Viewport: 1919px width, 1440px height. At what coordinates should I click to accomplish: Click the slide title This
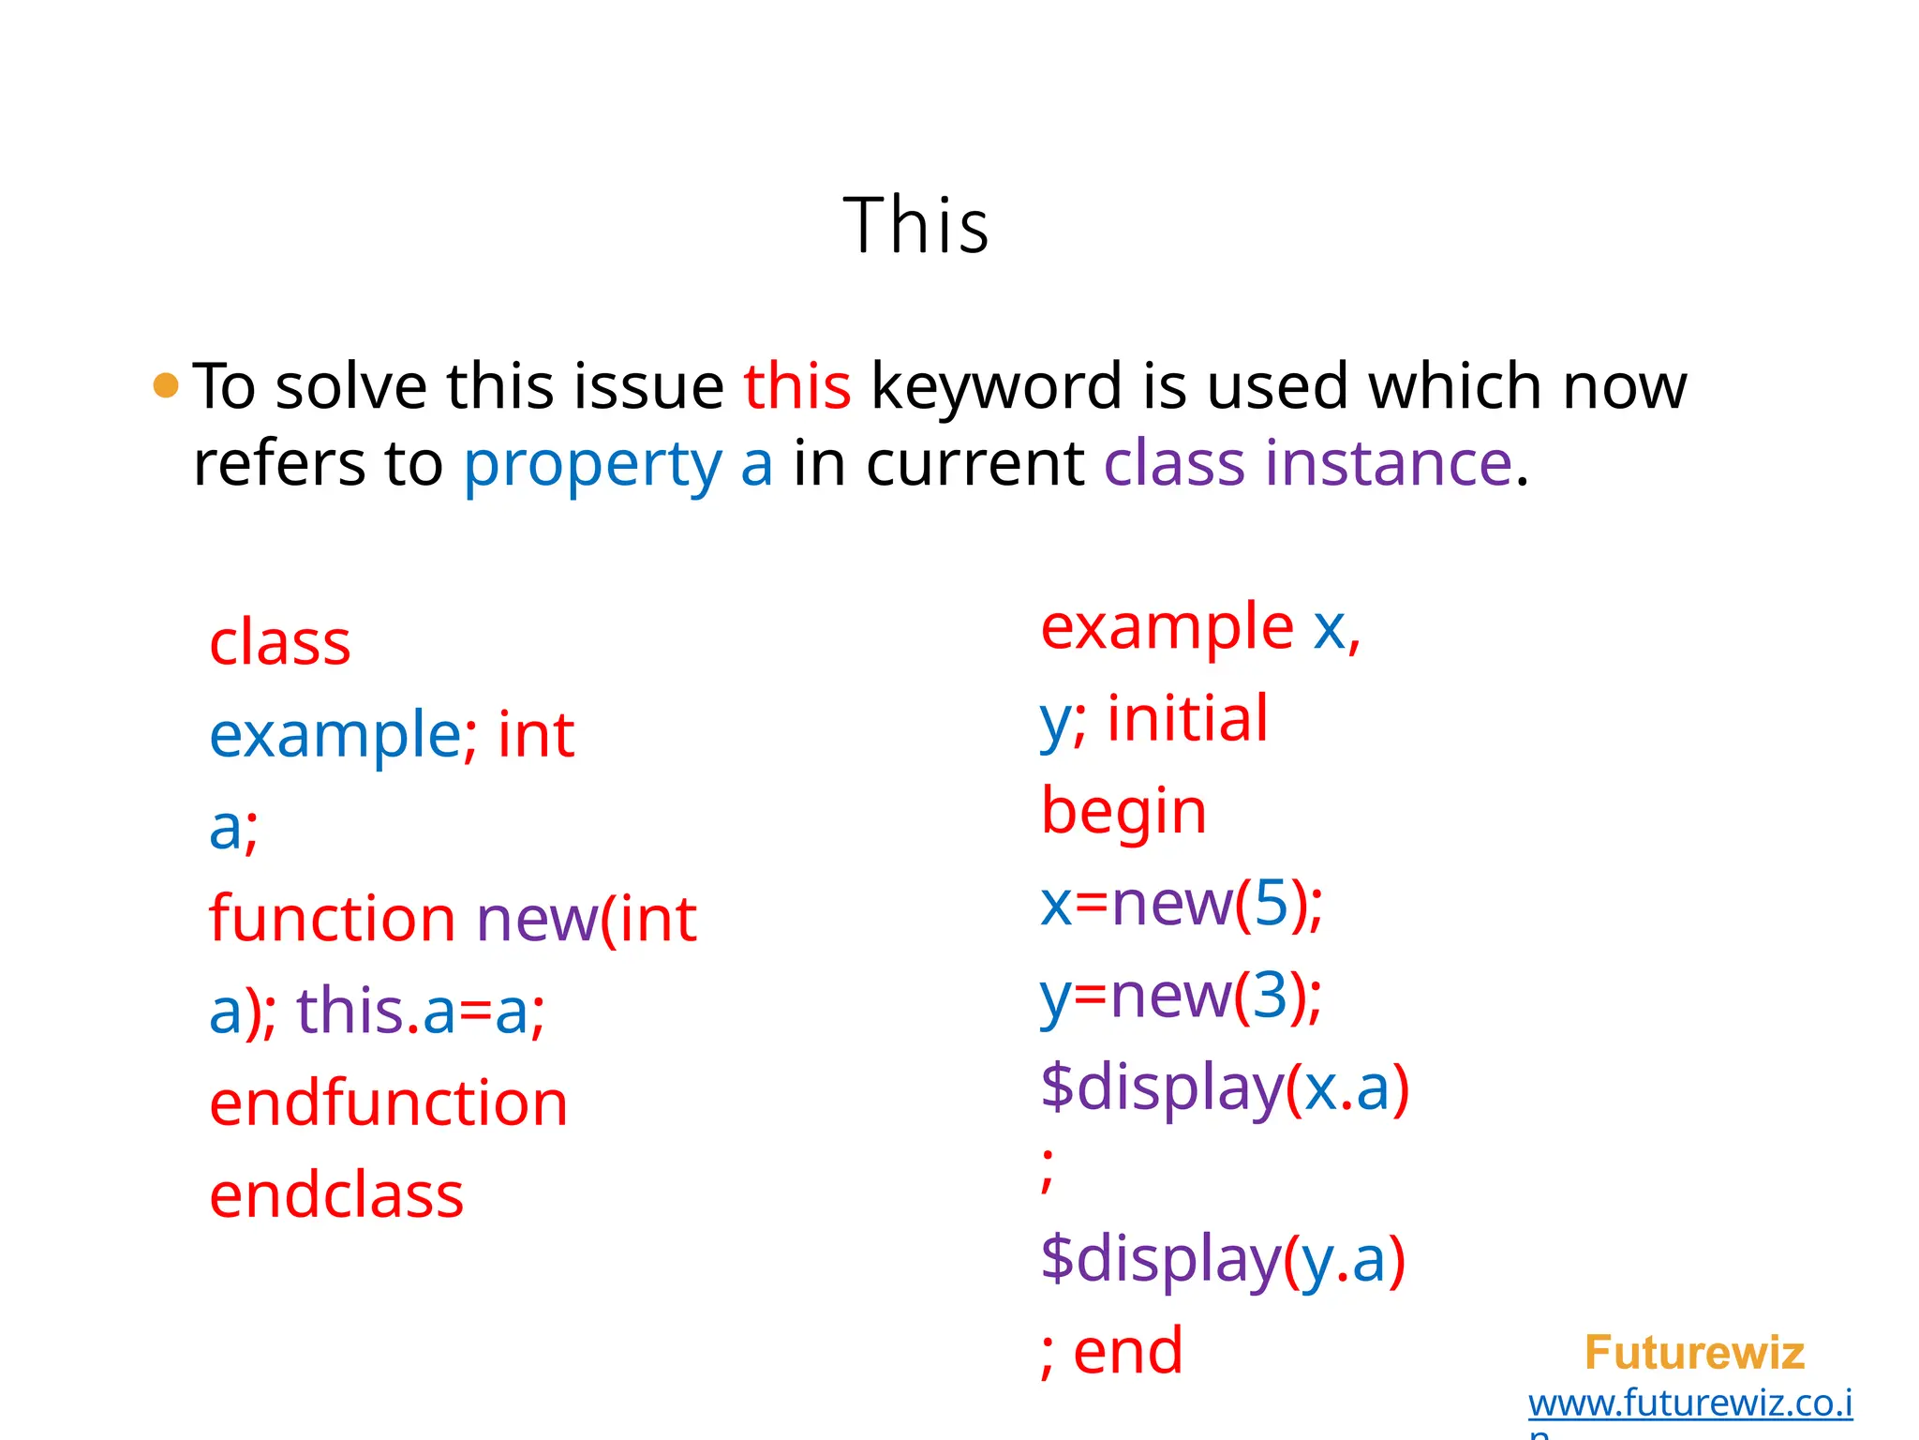915,226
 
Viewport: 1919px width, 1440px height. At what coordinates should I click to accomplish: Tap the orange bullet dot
166,385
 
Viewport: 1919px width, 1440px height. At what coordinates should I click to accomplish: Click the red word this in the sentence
797,386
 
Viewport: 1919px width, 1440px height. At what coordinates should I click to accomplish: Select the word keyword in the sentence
996,386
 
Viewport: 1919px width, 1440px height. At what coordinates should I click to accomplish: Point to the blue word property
592,464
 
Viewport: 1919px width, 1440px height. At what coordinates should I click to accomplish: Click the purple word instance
1389,463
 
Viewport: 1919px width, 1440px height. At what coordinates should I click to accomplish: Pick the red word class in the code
279,643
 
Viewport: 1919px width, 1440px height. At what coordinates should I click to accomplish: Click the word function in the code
332,919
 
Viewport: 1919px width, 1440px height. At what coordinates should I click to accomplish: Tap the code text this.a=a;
421,1012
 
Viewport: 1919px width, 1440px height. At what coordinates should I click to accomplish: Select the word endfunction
388,1103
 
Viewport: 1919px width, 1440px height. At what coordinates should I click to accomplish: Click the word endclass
336,1195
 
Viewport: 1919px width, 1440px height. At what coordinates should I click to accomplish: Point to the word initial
1187,718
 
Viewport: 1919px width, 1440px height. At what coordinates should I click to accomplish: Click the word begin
1123,812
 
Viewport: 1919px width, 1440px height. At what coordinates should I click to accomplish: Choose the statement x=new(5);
1182,904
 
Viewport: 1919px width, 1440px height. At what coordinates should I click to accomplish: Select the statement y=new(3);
1181,996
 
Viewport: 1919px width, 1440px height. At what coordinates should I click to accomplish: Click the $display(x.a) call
1224,1088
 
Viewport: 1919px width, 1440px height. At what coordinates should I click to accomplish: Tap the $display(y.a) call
1222,1259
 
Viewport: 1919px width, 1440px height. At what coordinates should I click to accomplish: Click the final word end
1127,1351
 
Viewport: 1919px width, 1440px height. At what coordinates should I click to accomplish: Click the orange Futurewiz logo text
1693,1353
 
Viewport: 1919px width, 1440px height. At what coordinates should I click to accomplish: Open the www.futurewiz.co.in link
1689,1403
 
